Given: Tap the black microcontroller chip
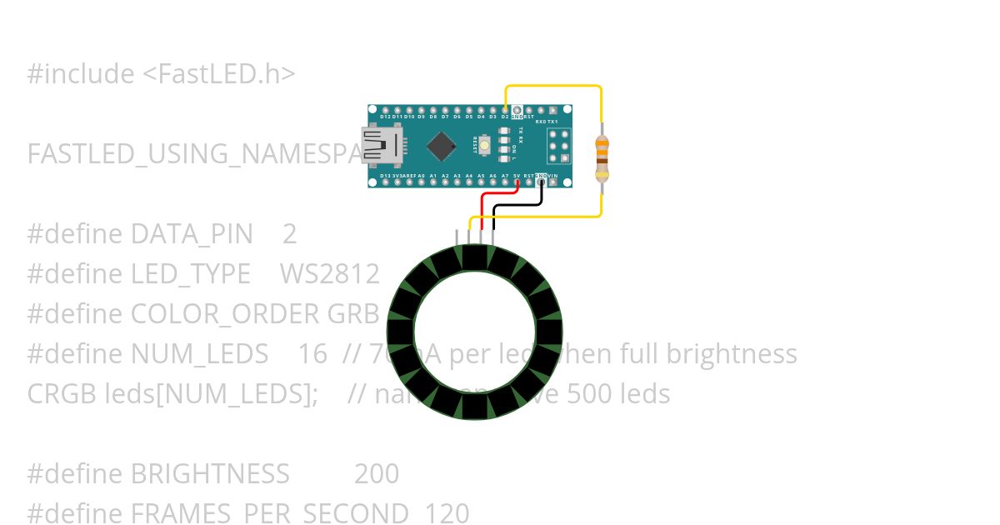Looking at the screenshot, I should pyautogui.click(x=441, y=146).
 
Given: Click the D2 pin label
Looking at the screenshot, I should pyautogui.click(x=505, y=117).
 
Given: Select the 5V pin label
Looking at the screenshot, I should pyautogui.click(x=517, y=177).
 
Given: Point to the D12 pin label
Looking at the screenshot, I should pyautogui.click(x=385, y=117).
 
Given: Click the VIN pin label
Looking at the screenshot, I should pyautogui.click(x=552, y=177).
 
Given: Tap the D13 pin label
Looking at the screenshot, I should pyautogui.click(x=385, y=177).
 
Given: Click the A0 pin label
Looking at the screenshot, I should pyautogui.click(x=421, y=177).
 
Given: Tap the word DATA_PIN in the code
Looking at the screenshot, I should pyautogui.click(x=192, y=234).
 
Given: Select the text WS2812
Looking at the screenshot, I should pyautogui.click(x=329, y=274).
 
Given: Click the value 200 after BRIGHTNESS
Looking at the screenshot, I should pyautogui.click(x=377, y=474).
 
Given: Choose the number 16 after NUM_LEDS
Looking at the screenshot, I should pyautogui.click(x=312, y=354).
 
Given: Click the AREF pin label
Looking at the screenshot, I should pyautogui.click(x=408, y=177).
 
